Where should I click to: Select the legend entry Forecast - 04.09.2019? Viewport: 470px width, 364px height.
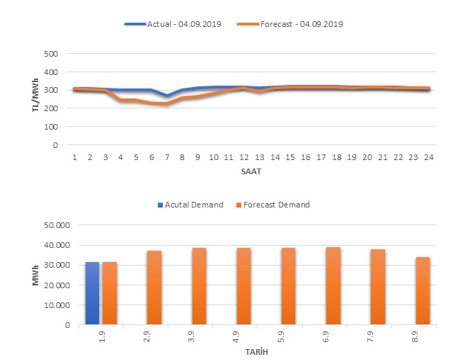tap(311, 24)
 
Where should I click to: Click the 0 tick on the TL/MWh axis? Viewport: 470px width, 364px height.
tap(55, 145)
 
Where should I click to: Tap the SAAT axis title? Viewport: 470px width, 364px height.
tap(250, 171)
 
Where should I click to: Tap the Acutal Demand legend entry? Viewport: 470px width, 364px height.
tap(190, 205)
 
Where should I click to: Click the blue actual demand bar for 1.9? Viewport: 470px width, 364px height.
tap(93, 294)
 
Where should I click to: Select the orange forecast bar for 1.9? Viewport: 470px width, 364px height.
tap(110, 294)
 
